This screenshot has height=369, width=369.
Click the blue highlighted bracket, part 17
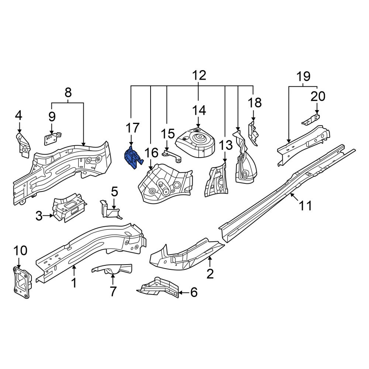[x=132, y=157]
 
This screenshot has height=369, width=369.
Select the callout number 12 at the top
[x=199, y=75]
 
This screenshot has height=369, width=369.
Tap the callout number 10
[x=20, y=251]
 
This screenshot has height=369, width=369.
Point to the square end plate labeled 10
[x=22, y=282]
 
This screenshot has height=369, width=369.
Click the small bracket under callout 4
[x=23, y=145]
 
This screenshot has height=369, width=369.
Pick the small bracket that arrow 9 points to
[x=52, y=139]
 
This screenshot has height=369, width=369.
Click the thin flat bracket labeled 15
[x=172, y=156]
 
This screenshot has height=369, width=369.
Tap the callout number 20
[x=318, y=96]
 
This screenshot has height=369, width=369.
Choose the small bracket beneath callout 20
[x=311, y=120]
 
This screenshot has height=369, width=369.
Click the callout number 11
[x=305, y=206]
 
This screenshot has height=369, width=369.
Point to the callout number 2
[x=210, y=274]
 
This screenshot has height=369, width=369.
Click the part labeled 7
[x=112, y=269]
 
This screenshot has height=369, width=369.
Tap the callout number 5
[x=114, y=192]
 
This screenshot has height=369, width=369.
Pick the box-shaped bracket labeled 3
[x=68, y=207]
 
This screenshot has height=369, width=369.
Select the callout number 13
[x=226, y=145]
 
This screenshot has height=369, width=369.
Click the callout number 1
[x=74, y=283]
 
